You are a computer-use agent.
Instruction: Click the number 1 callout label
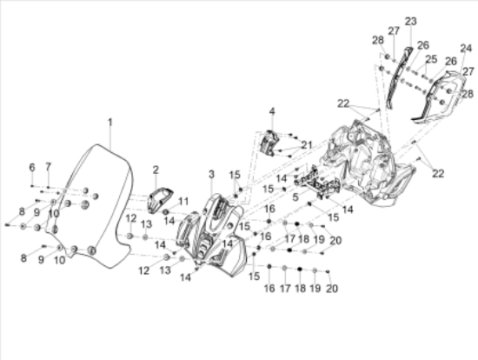coord(110,123)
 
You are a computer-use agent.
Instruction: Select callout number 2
coord(156,170)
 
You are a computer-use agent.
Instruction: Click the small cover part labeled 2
coord(160,201)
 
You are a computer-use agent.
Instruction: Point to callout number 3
coord(211,174)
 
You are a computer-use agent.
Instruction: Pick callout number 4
coord(272,111)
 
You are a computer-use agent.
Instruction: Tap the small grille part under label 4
coord(269,143)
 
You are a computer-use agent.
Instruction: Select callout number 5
coord(295,197)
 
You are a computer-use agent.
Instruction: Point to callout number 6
coord(32,167)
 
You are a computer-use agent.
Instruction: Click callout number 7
coord(48,167)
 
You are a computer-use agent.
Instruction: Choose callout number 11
coord(183,202)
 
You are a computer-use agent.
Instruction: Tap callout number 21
coord(307,144)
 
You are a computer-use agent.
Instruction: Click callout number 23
coord(410,22)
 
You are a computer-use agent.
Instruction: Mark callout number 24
coord(466,48)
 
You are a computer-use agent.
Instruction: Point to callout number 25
coord(431,59)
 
